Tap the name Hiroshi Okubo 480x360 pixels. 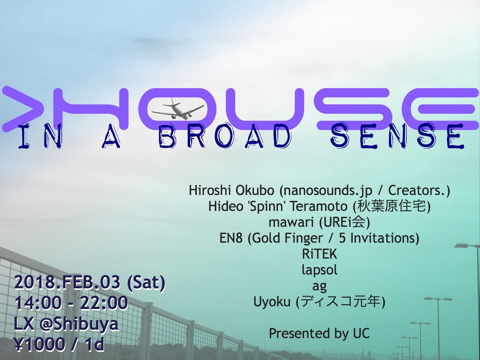231,190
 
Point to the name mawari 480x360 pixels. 291,222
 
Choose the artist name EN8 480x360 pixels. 231,238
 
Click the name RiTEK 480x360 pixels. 319,254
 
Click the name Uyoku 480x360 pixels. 272,302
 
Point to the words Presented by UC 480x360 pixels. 319,334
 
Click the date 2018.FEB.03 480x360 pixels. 67,282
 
